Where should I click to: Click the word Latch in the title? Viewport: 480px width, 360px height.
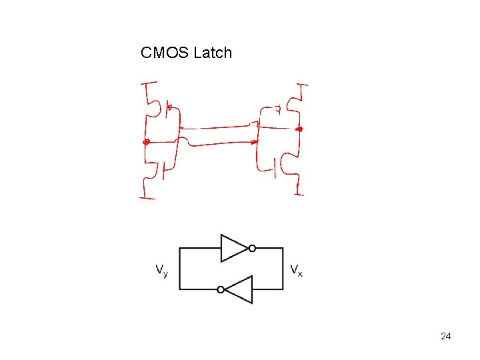pyautogui.click(x=213, y=53)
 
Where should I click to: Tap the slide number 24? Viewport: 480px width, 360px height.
pyautogui.click(x=446, y=336)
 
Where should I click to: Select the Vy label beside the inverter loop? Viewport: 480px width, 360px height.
pyautogui.click(x=162, y=270)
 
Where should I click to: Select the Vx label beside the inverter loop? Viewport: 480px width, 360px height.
pyautogui.click(x=296, y=270)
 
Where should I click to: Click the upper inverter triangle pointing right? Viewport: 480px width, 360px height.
pyautogui.click(x=233, y=248)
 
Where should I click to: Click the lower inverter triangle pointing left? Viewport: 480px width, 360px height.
pyautogui.click(x=239, y=289)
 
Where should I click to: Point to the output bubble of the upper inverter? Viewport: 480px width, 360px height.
pyautogui.click(x=252, y=248)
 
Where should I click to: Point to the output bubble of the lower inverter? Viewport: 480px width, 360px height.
pyautogui.click(x=221, y=289)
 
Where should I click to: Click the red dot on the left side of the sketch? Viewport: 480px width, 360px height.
pyautogui.click(x=147, y=141)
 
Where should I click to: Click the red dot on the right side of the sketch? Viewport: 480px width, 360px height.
pyautogui.click(x=299, y=128)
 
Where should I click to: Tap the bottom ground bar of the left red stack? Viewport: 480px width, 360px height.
pyautogui.click(x=147, y=197)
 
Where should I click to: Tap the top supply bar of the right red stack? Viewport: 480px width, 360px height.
pyautogui.click(x=302, y=85)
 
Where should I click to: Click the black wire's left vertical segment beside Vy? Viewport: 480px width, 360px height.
pyautogui.click(x=180, y=269)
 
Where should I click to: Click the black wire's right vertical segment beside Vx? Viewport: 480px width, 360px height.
pyautogui.click(x=283, y=269)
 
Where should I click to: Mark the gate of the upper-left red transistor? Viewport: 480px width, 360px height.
pyautogui.click(x=169, y=107)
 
